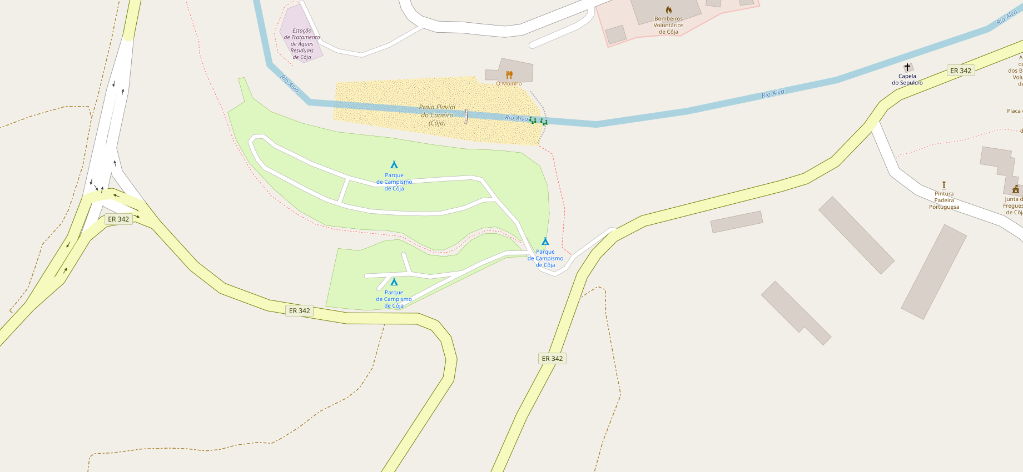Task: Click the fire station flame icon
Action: [668, 10]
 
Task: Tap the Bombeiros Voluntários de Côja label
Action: [668, 26]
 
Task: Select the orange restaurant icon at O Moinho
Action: [509, 74]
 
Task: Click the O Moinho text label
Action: [509, 84]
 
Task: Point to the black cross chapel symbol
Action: [907, 67]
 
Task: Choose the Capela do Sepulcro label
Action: [907, 79]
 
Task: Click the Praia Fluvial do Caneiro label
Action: [437, 115]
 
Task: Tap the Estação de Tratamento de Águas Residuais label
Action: [302, 44]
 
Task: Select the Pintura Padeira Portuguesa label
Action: [944, 200]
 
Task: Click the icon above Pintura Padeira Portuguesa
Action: [944, 185]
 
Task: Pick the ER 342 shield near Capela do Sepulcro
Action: [961, 71]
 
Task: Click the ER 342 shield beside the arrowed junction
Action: [118, 219]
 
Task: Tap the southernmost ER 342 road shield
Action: [552, 359]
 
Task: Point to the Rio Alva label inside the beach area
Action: [517, 118]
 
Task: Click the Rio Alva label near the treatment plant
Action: [290, 83]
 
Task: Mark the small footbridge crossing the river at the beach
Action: [466, 116]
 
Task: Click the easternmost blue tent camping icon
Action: [545, 242]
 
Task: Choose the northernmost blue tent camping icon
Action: [394, 165]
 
